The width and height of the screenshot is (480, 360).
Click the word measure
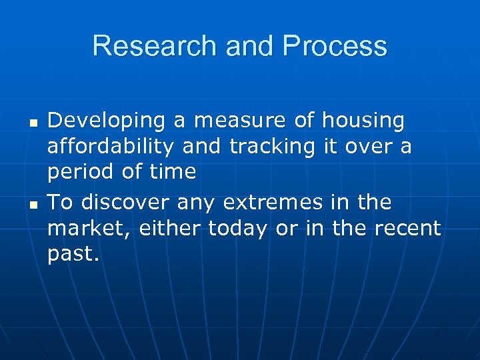(x=223, y=121)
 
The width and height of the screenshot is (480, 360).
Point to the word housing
(x=363, y=121)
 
